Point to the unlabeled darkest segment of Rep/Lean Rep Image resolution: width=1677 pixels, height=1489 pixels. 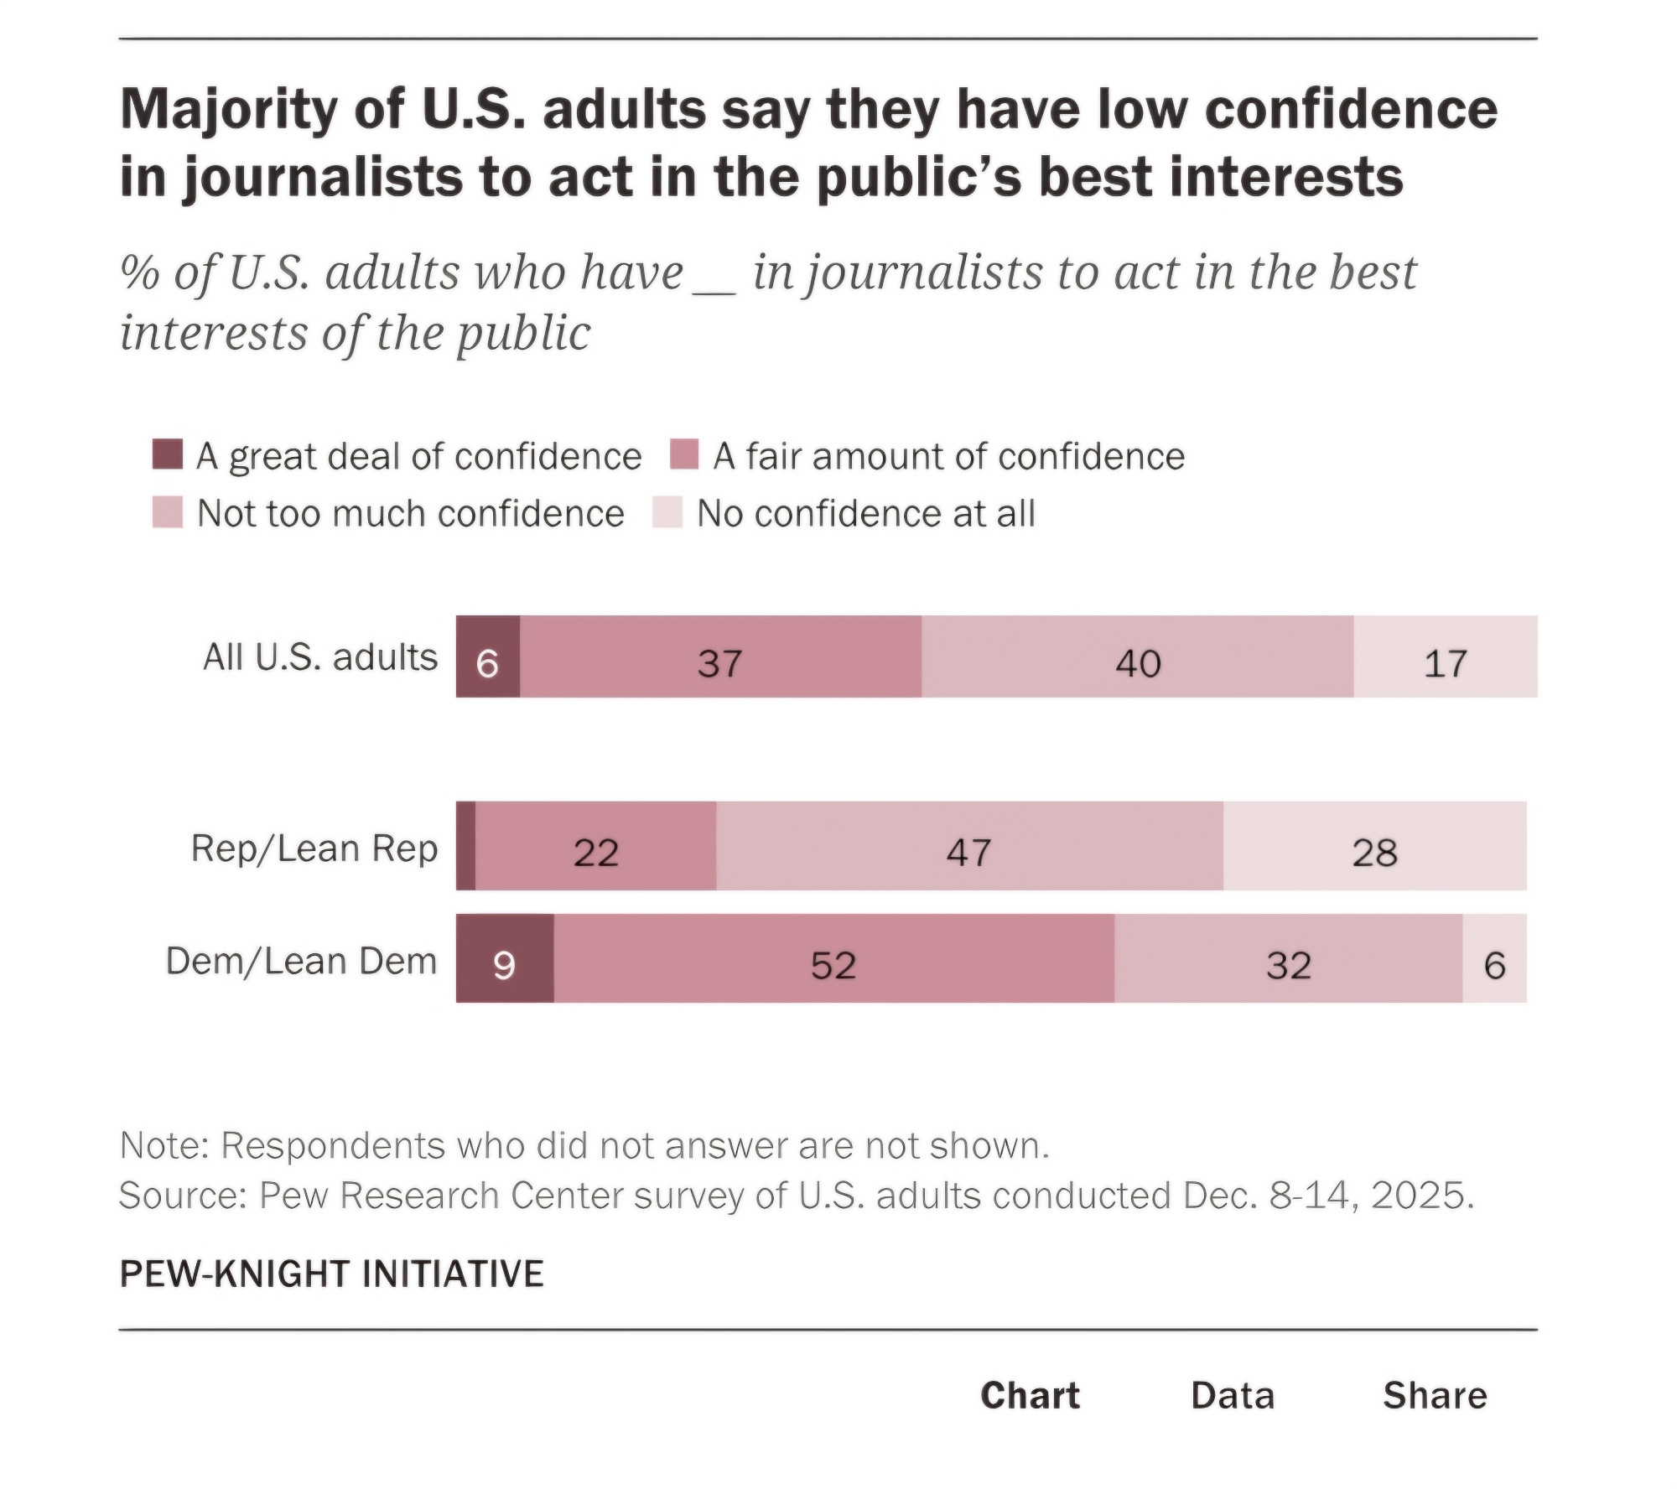click(466, 846)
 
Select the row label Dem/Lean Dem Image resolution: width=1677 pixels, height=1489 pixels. click(302, 961)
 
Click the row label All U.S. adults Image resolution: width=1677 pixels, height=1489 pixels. click(320, 657)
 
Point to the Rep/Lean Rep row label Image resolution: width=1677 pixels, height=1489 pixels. click(314, 848)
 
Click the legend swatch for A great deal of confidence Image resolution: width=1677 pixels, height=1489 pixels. click(168, 454)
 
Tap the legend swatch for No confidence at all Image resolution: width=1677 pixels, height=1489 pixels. click(667, 512)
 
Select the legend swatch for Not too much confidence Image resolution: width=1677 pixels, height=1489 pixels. click(168, 512)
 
